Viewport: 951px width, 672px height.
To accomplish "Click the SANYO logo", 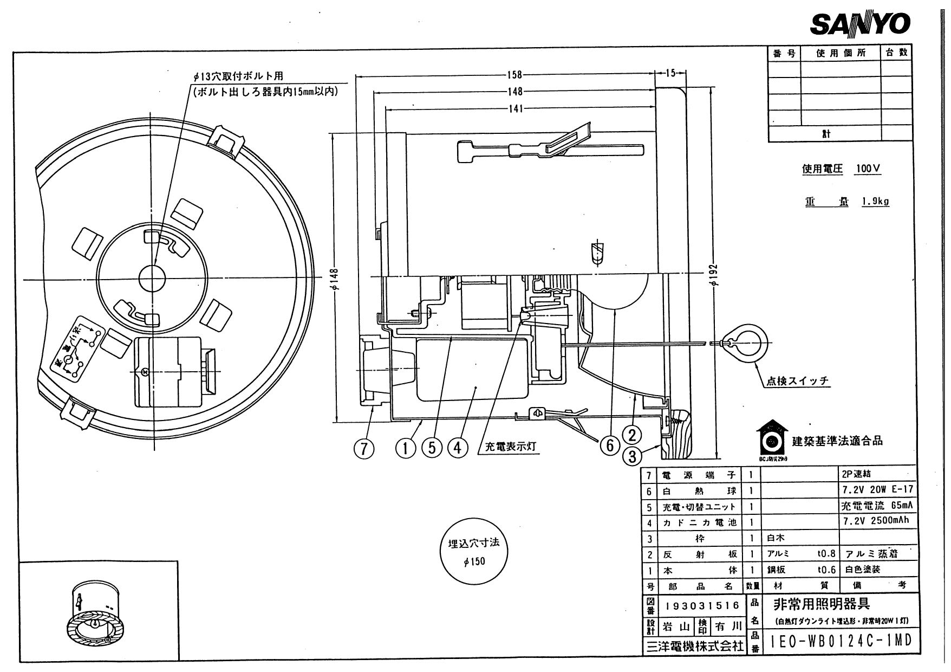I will point(859,24).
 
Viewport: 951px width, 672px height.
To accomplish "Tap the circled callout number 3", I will point(632,456).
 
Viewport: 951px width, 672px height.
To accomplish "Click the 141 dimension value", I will point(516,108).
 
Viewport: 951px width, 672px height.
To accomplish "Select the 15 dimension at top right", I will point(670,74).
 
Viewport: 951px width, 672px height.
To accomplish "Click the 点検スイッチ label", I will point(797,381).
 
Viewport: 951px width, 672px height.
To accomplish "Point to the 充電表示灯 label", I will point(510,447).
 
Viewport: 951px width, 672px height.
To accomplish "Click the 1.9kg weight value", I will point(875,202).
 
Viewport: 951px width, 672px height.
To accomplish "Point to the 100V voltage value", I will point(868,169).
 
